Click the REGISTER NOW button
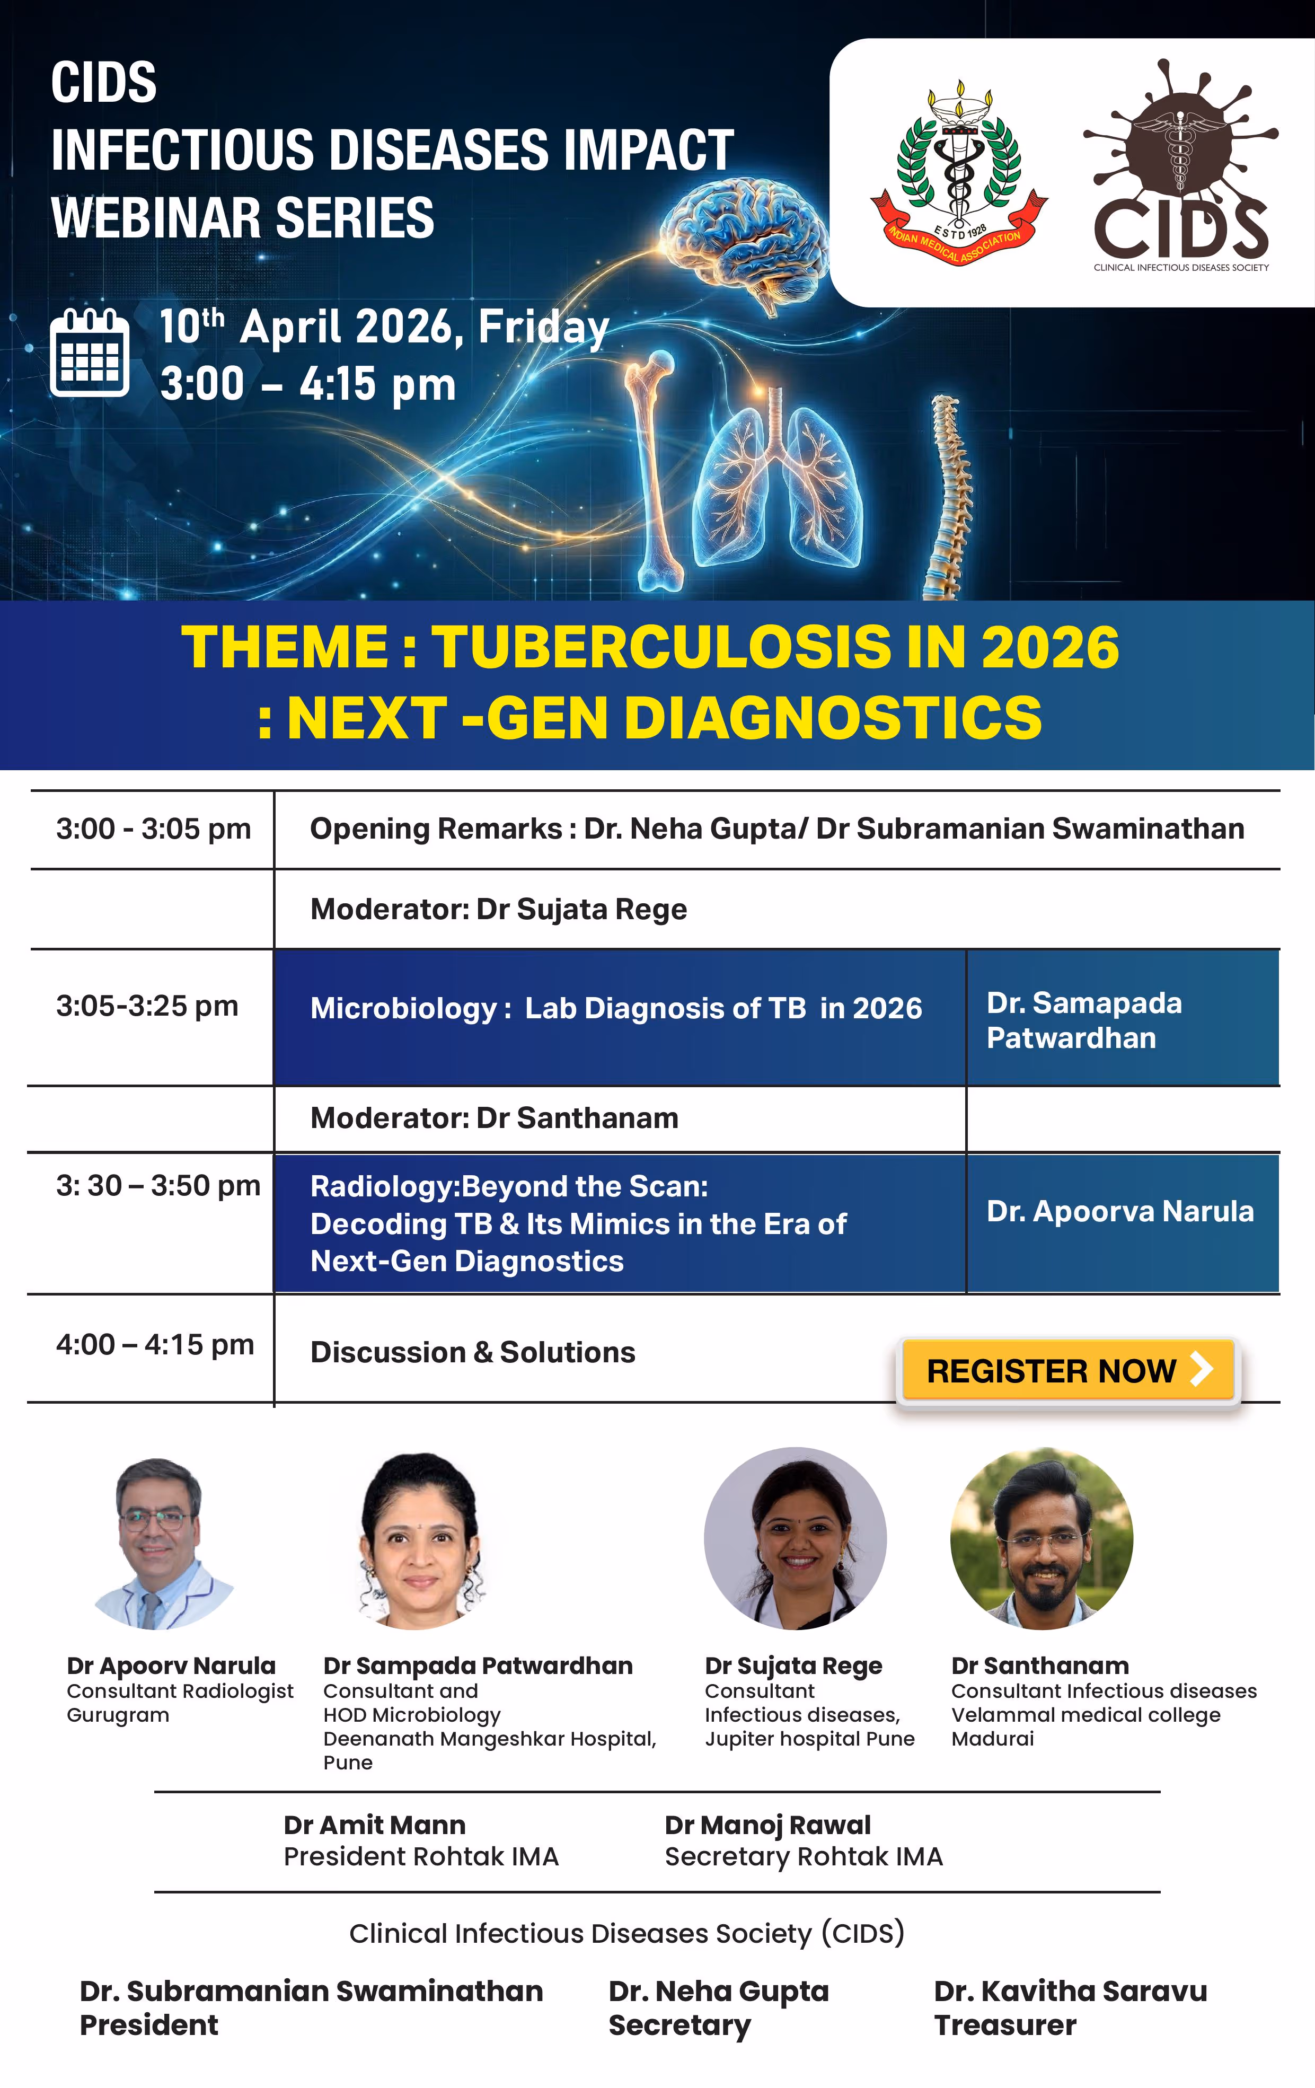click(1068, 1370)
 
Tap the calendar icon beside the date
click(89, 352)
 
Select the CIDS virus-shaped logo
click(1181, 165)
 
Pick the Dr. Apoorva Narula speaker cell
click(1122, 1222)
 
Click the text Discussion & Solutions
click(472, 1353)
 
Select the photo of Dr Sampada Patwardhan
click(420, 1540)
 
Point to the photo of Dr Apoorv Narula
click(162, 1544)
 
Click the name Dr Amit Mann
click(375, 1825)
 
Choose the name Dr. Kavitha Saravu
click(1071, 1992)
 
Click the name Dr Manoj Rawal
click(768, 1825)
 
